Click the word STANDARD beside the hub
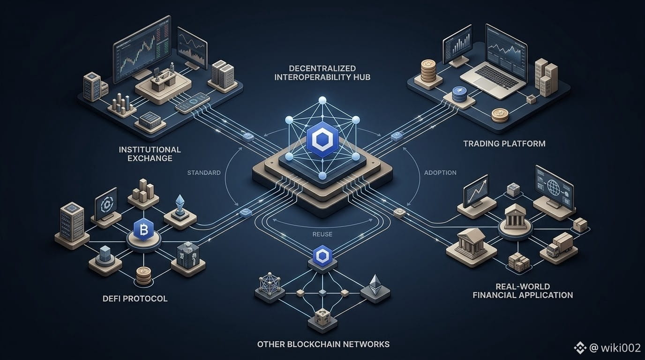coord(204,172)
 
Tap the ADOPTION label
coord(440,172)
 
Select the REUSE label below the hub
coord(322,234)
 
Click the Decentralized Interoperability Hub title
coord(322,73)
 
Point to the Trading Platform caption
coord(504,143)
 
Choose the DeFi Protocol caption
coord(135,299)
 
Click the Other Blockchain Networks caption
coord(323,344)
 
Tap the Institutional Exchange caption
coord(150,154)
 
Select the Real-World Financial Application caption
coord(523,291)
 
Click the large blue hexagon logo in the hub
coord(322,139)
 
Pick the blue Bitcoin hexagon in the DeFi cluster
coord(143,229)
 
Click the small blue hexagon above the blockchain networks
coord(322,255)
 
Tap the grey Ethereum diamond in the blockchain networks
coord(375,285)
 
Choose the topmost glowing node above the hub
coord(322,100)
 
